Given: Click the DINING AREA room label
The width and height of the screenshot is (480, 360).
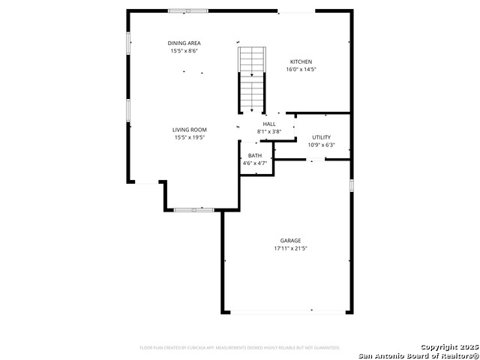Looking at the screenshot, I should click(x=184, y=43).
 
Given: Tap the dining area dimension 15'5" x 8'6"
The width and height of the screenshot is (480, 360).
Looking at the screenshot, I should click(x=184, y=51).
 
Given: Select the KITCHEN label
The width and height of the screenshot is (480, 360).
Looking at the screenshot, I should click(x=301, y=61).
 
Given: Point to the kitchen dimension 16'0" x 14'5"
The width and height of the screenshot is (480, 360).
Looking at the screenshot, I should click(x=301, y=69).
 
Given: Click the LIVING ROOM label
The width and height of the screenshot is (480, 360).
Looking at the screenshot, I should click(x=190, y=130).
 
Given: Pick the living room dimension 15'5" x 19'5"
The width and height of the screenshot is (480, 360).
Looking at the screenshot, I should click(x=190, y=137).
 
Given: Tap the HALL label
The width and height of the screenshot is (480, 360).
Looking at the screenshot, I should click(x=268, y=124).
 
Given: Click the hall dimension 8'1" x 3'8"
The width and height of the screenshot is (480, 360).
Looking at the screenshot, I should click(x=268, y=131).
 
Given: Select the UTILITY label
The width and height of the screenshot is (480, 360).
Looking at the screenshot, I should click(x=321, y=137).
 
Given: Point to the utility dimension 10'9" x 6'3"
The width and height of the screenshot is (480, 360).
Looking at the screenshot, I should click(x=321, y=145).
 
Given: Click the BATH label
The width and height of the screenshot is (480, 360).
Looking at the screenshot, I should click(x=255, y=155).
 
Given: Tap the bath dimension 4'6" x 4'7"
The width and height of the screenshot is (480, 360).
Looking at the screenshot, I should click(x=255, y=163).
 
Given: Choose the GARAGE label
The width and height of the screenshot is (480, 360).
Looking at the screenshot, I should click(x=291, y=241).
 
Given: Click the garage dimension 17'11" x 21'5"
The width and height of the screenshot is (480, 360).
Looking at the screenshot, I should click(x=291, y=248).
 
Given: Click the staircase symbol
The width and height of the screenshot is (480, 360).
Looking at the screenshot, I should click(x=252, y=78).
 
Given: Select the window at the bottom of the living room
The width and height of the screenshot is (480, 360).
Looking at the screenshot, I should click(x=193, y=210).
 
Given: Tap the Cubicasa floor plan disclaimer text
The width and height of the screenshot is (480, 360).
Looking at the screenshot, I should click(x=240, y=348).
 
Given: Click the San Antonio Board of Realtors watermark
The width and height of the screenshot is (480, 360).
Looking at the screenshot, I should click(x=418, y=355).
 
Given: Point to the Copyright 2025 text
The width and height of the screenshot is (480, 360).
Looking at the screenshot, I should click(x=448, y=347).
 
